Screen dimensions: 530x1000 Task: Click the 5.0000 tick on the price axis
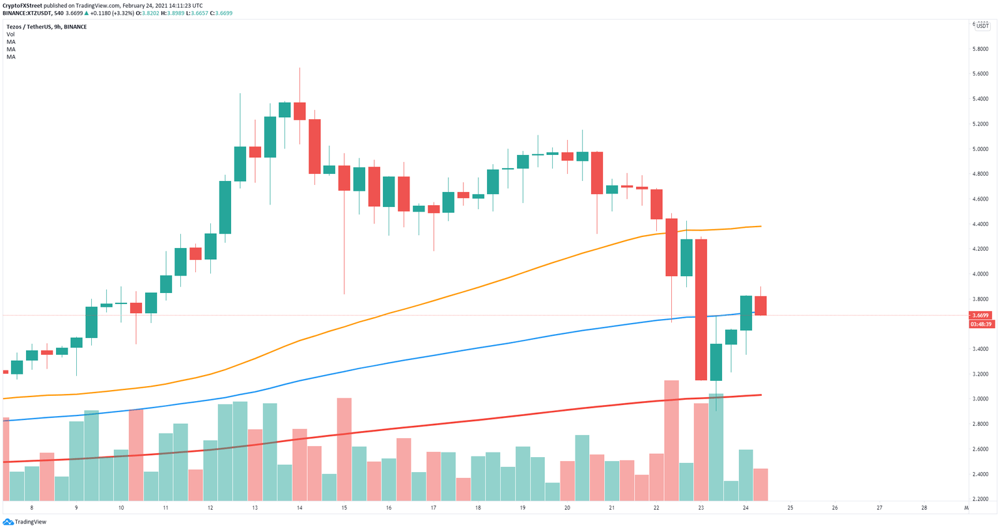pyautogui.click(x=980, y=149)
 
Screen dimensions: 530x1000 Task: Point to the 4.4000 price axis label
pyautogui.click(x=980, y=224)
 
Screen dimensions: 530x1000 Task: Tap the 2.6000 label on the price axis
pyautogui.click(x=980, y=449)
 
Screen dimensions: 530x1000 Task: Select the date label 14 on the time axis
pyautogui.click(x=299, y=508)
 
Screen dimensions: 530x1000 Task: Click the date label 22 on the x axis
pyautogui.click(x=656, y=508)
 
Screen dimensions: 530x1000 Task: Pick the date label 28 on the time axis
pyautogui.click(x=924, y=508)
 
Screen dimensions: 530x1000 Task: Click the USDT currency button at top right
pyautogui.click(x=982, y=26)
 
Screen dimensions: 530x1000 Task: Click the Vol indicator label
pyautogui.click(x=10, y=35)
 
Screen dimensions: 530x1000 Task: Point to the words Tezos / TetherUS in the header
pyautogui.click(x=30, y=27)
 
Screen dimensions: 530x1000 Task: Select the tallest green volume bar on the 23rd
pyautogui.click(x=716, y=447)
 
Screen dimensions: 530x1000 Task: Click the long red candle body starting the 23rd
pyautogui.click(x=701, y=309)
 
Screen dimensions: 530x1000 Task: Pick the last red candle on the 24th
pyautogui.click(x=760, y=305)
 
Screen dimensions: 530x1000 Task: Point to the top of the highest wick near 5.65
pyautogui.click(x=299, y=68)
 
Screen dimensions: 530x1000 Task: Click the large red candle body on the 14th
pyautogui.click(x=314, y=146)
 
